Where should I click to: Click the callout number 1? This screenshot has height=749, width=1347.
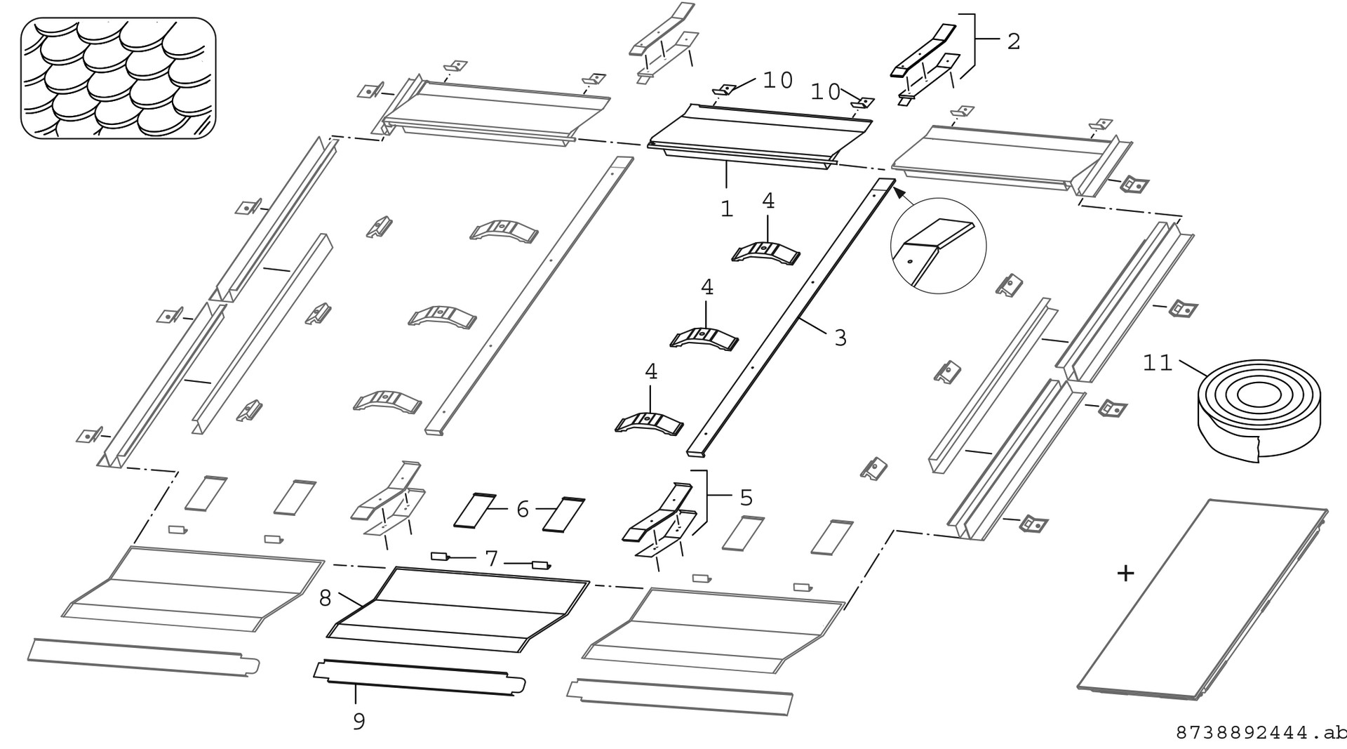pos(727,208)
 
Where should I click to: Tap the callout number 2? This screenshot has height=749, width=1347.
pos(1013,41)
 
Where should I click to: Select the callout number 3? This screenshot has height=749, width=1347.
pos(840,338)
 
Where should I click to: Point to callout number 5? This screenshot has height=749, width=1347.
pos(746,498)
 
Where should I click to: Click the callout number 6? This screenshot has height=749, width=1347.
pos(522,510)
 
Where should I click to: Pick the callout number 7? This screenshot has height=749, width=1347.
pos(491,559)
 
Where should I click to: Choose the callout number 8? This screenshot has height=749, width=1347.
pos(325,598)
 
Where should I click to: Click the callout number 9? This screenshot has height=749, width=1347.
pos(358,722)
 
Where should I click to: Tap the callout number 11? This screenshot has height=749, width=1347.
pos(1157,363)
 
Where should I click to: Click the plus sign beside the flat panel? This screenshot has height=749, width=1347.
pos(1125,574)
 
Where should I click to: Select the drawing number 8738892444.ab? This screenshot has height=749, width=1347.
pos(1260,733)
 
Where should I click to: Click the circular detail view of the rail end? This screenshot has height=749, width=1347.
pos(938,246)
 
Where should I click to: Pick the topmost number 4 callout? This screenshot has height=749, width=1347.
pos(768,201)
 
